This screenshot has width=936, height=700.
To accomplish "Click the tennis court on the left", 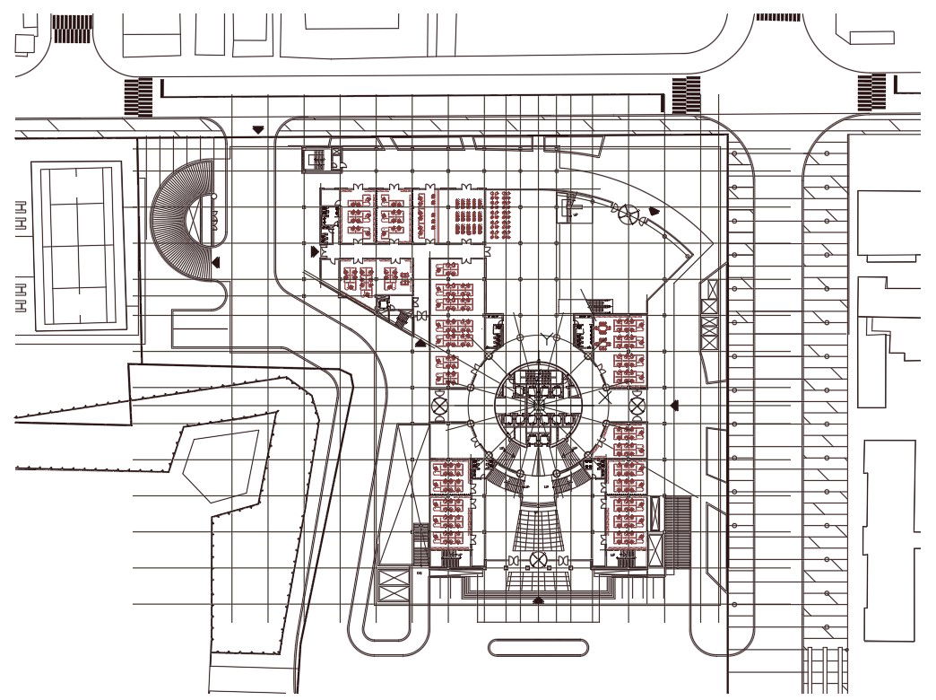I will tap(77, 244).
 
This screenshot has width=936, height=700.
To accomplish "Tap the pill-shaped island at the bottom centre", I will tap(538, 646).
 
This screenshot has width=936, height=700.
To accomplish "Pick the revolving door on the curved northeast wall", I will tap(631, 214).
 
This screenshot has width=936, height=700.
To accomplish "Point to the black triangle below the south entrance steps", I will tap(538, 599).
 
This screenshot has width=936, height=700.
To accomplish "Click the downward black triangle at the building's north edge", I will tap(258, 130).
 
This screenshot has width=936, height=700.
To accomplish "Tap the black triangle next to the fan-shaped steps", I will tap(216, 261).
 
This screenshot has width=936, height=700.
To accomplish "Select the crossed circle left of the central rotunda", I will tap(441, 406).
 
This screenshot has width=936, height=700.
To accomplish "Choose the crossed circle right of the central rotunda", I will tap(638, 406).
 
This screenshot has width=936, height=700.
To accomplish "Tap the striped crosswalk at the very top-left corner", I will tap(72, 28).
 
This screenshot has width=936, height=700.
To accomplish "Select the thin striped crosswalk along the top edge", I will tap(778, 17).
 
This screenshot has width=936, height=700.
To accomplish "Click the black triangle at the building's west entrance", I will tap(313, 251).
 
